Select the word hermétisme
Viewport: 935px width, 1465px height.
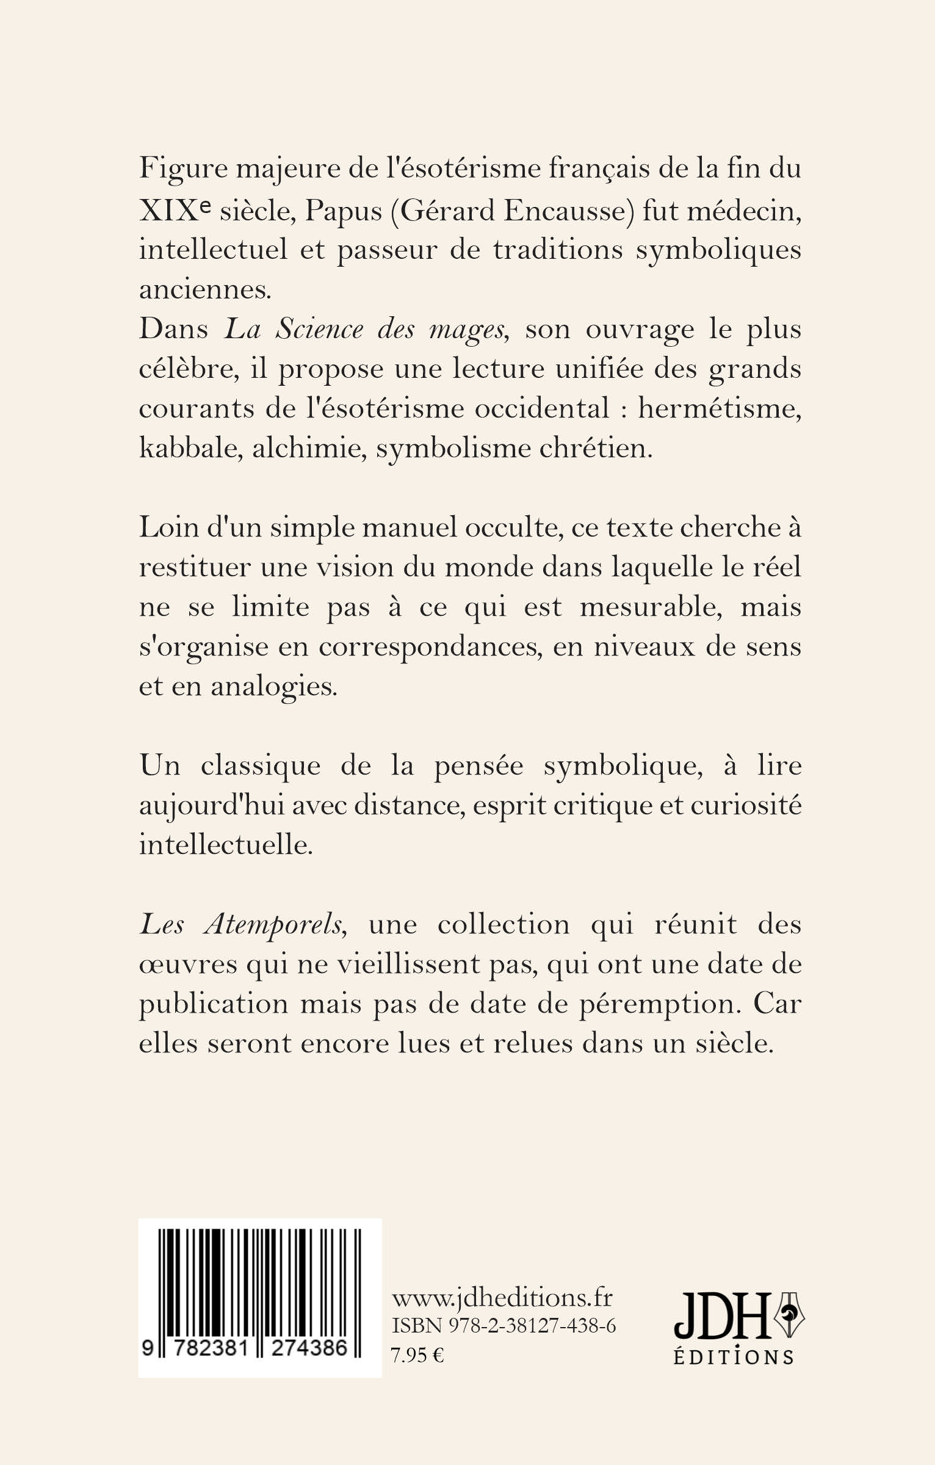719,410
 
